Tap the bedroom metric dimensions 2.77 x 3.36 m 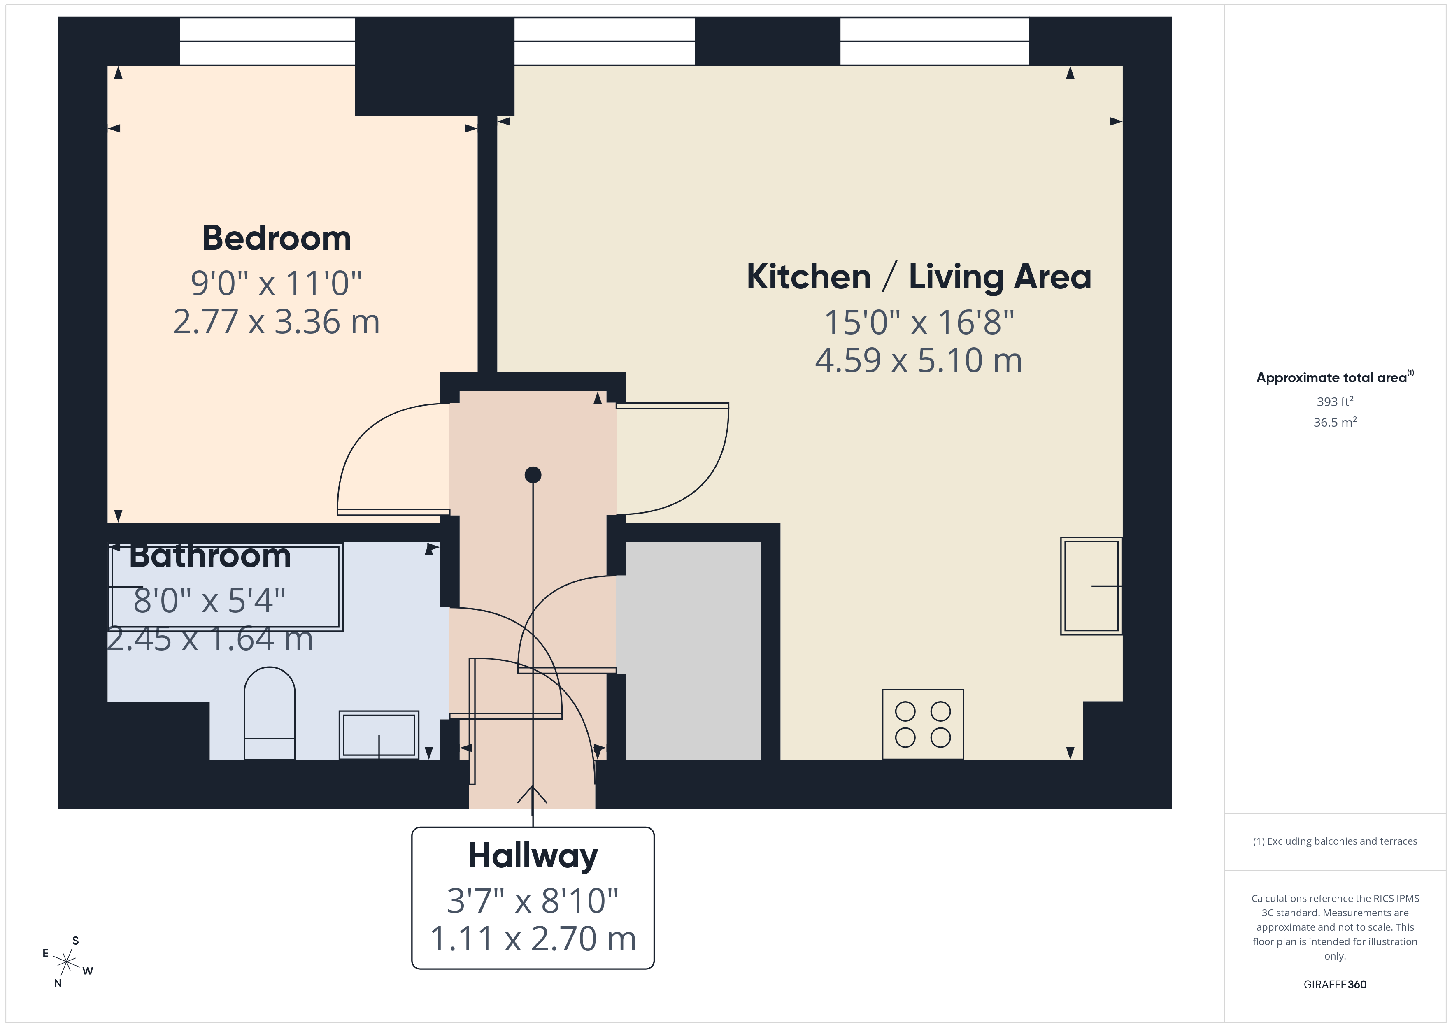coord(276,322)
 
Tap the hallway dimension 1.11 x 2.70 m coord(533,939)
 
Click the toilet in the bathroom coord(270,713)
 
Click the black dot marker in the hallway coord(533,474)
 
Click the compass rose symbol coord(66,962)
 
